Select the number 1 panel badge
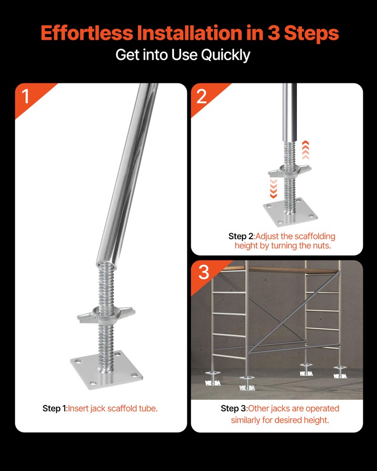[25, 96]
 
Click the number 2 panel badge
[202, 96]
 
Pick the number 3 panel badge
[203, 272]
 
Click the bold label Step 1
[55, 408]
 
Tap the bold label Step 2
[241, 236]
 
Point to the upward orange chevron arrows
[305, 150]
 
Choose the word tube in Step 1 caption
[148, 408]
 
